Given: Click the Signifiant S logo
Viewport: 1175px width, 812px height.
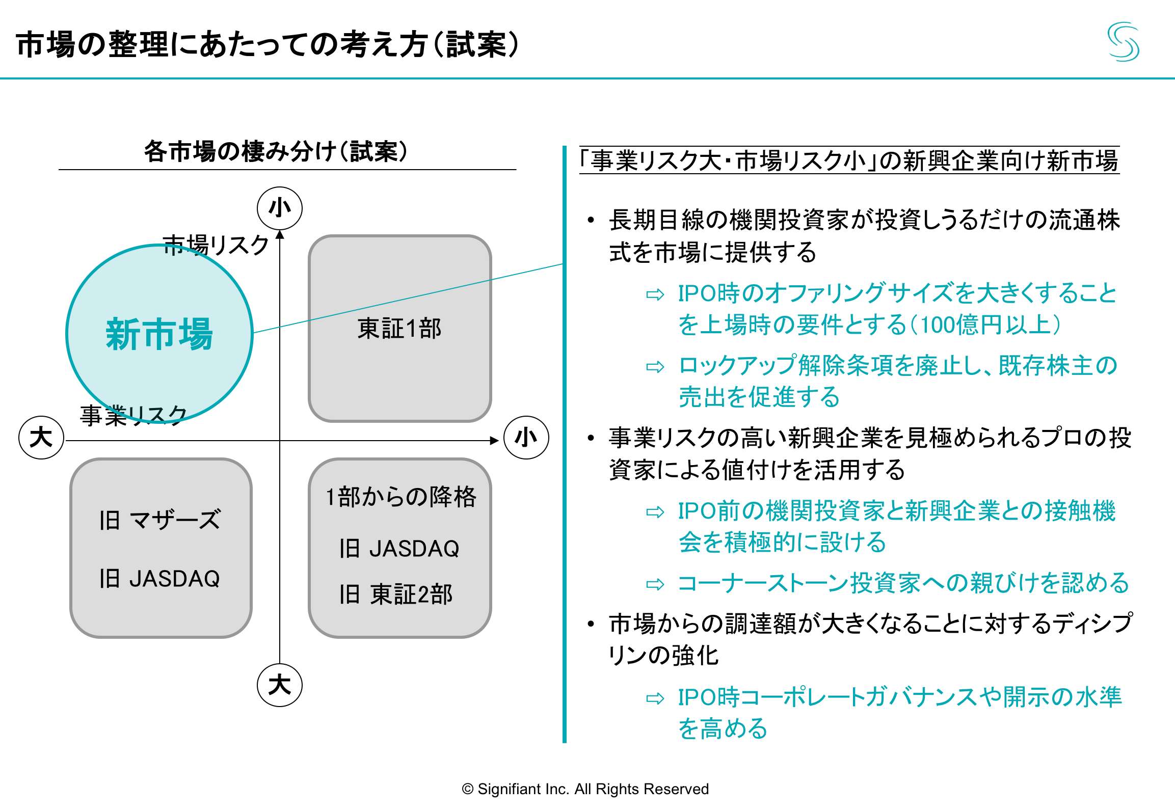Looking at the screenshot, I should pos(1123,42).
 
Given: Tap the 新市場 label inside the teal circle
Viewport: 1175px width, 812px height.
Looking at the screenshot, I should pos(159,334).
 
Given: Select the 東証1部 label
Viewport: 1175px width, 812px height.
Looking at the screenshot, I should pos(399,329).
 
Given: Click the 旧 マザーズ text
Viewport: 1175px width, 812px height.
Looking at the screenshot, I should pos(160,520).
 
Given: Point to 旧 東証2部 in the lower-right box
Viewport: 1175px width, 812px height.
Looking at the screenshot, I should pos(396,594).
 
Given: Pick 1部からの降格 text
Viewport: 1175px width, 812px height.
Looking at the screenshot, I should pos(400,497).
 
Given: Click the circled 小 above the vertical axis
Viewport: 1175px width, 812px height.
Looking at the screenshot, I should pos(279,208).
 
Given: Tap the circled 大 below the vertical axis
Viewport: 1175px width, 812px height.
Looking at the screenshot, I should pos(279,685).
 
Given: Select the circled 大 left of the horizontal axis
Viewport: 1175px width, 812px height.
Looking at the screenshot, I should pos(41,438).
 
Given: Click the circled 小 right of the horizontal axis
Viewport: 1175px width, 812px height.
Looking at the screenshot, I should pos(526,438).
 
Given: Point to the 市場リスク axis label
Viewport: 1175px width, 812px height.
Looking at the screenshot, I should pos(216,246).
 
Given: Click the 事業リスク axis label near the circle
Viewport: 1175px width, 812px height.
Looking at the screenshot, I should pos(133,415).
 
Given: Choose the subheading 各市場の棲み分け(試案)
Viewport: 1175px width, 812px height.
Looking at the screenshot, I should pos(276,152).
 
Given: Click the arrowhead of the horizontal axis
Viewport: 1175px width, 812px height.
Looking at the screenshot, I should pos(494,441).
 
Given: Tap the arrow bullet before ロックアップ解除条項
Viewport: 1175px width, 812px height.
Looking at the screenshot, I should pos(655,367).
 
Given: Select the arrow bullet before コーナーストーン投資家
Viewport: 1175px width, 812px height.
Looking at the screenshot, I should pos(655,584).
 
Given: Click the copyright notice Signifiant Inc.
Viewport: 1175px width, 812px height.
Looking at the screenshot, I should pos(585,789).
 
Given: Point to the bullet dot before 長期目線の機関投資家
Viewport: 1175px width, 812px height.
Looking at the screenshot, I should pos(591,221).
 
